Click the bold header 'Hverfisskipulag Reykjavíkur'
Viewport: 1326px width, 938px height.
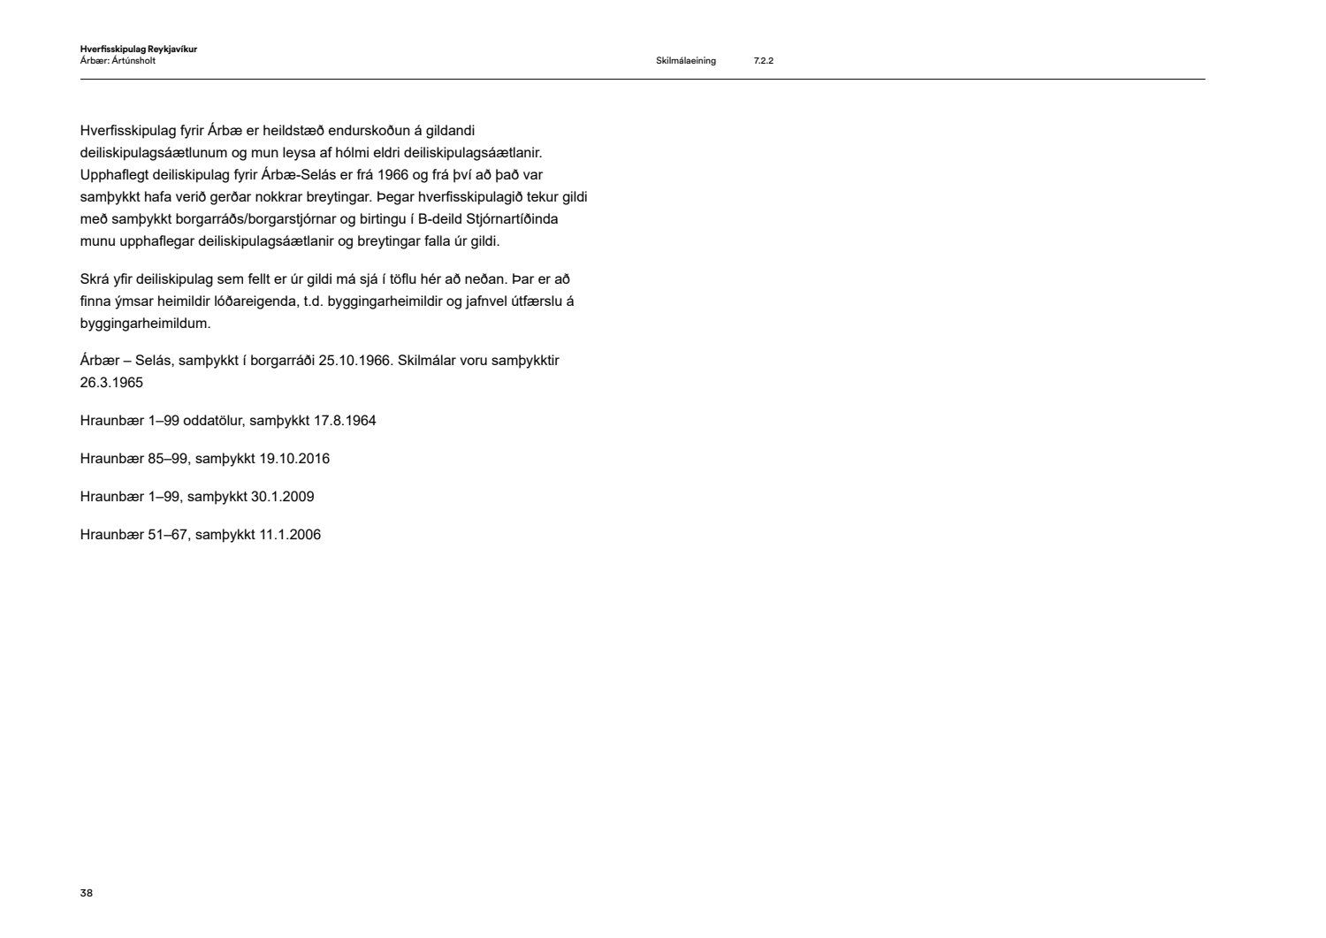[x=138, y=50]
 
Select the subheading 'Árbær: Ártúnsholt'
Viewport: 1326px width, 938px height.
[x=118, y=61]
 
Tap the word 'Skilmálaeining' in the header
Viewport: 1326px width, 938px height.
[x=686, y=61]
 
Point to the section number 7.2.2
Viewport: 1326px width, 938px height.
[x=764, y=61]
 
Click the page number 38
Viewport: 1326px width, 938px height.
[x=86, y=893]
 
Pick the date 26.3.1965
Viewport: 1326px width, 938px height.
[x=111, y=383]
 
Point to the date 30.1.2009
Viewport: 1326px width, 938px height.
[x=282, y=497]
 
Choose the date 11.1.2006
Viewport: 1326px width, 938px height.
[x=290, y=535]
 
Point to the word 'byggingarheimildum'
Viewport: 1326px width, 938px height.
[x=145, y=324]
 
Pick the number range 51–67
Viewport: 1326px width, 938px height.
[x=168, y=535]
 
